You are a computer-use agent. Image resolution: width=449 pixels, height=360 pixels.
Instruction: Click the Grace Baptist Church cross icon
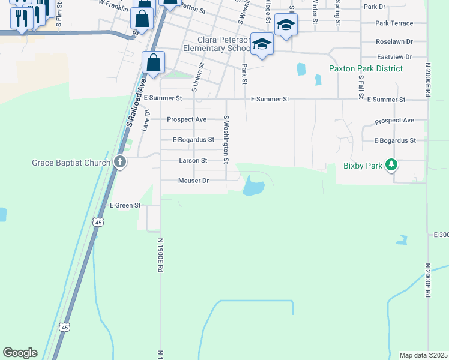tap(120, 163)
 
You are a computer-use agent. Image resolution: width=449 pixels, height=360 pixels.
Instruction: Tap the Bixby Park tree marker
tap(391, 165)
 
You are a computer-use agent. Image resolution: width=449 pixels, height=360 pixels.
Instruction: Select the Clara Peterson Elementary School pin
tap(262, 44)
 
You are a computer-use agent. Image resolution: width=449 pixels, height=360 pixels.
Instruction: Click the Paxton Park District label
tap(366, 68)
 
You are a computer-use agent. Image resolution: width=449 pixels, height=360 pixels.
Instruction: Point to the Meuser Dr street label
tap(193, 181)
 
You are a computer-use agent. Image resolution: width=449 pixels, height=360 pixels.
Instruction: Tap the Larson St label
tap(193, 161)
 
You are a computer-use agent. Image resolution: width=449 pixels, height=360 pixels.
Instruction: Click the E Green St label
tap(124, 205)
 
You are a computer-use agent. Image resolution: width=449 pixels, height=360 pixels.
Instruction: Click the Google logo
tap(20, 353)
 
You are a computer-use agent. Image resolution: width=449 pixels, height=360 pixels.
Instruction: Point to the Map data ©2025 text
tap(423, 355)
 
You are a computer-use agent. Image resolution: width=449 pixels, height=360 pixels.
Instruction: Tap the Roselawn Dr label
tap(394, 41)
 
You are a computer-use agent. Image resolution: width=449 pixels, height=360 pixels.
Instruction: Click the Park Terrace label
tap(394, 23)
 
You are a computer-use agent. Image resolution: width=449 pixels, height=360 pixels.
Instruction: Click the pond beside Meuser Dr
tap(253, 187)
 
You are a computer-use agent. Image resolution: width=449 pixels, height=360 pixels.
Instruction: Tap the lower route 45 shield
tap(65, 327)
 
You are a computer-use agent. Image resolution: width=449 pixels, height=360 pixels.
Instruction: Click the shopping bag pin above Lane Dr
tap(153, 62)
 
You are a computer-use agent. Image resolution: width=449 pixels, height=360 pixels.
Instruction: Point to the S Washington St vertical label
tap(226, 140)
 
